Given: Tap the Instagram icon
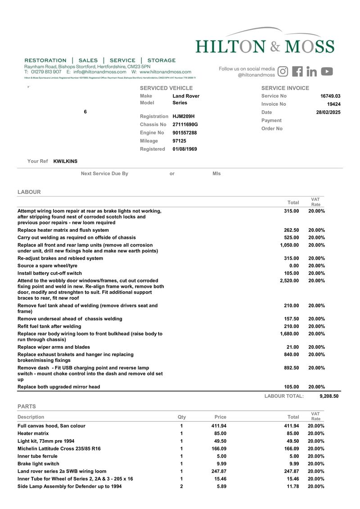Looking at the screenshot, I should [x=283, y=71].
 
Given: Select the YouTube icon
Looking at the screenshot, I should [x=327, y=71].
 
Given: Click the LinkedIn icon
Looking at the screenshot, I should [x=312, y=71].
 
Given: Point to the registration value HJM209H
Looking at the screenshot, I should [x=184, y=116].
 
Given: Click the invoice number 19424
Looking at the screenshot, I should [x=333, y=104].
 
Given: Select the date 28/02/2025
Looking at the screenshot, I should [x=328, y=112].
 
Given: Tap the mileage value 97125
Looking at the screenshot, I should [x=180, y=141].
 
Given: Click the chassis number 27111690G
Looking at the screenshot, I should [x=185, y=124].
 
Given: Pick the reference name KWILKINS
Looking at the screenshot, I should [x=66, y=161].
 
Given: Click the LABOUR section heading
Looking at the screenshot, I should [x=29, y=192].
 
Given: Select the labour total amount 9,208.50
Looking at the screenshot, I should [x=328, y=396].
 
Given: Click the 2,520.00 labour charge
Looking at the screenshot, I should [x=289, y=280].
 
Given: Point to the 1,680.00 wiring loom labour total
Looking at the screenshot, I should [x=289, y=334].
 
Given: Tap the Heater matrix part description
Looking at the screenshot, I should [x=33, y=433].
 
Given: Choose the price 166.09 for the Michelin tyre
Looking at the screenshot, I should [x=219, y=449].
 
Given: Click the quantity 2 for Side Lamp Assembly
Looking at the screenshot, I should [x=181, y=486].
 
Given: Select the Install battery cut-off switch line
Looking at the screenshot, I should [x=50, y=273].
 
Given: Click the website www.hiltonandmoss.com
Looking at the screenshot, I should [x=165, y=72].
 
